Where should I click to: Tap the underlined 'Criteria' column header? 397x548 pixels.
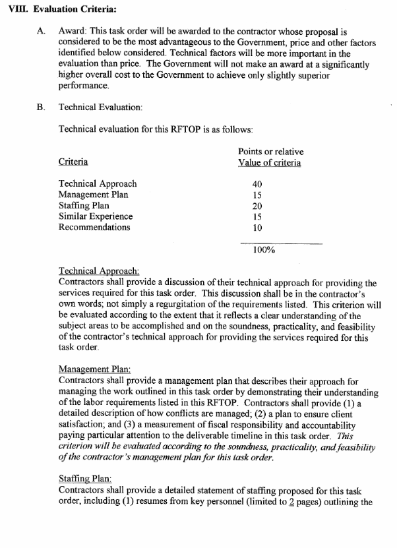pos(73,162)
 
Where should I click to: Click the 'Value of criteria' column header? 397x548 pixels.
pos(270,163)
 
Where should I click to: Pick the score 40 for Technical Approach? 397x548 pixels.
pos(258,184)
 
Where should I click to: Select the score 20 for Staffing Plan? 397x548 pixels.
pos(258,206)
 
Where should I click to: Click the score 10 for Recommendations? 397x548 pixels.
pos(258,228)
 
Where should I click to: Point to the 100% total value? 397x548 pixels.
pos(264,250)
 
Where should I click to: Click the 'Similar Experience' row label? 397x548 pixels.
pos(95,216)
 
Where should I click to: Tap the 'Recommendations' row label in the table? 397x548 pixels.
pos(94,228)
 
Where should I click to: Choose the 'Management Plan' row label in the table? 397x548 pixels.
pos(93,195)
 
